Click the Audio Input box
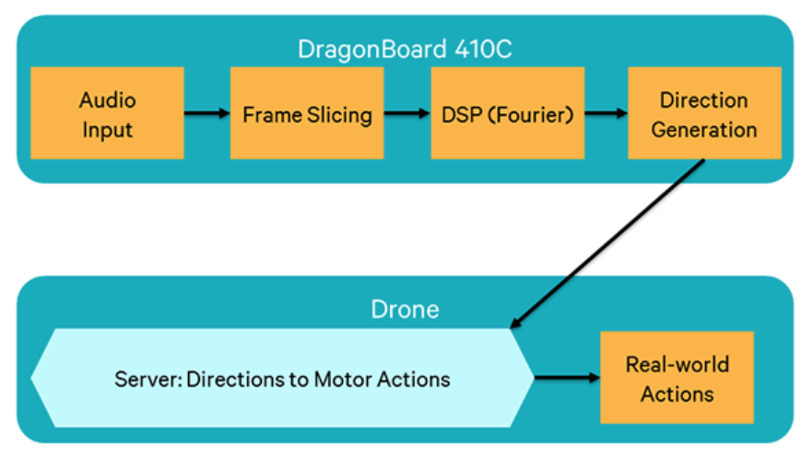(x=107, y=113)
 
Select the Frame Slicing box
(x=307, y=113)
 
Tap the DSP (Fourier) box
(x=507, y=113)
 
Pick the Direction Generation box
(x=704, y=113)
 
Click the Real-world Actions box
(x=677, y=379)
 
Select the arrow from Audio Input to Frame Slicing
(x=206, y=113)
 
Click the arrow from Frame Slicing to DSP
(x=407, y=113)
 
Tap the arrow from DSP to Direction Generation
(x=606, y=113)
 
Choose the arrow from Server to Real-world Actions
(x=566, y=377)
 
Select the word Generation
(x=704, y=130)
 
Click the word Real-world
(x=677, y=364)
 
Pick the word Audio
(x=107, y=100)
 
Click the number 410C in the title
(x=478, y=49)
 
